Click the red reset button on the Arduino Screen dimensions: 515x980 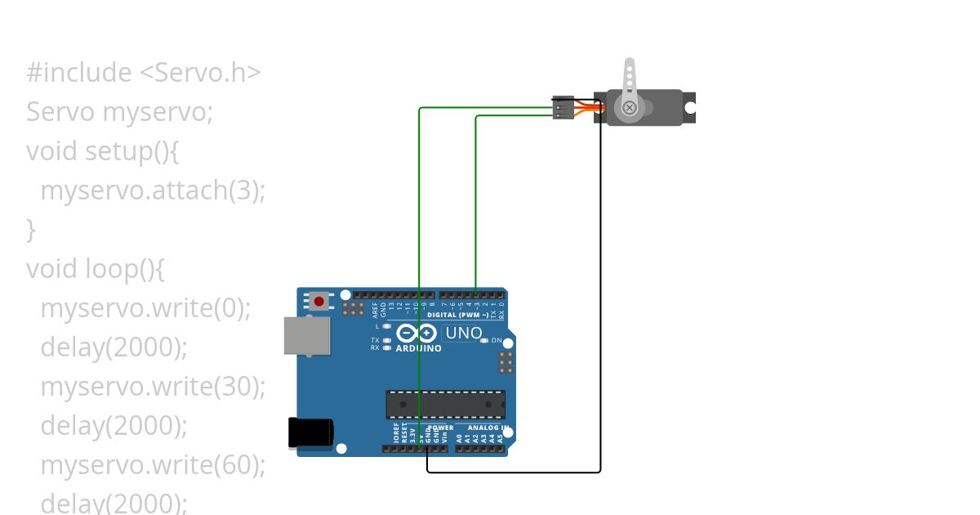coord(318,302)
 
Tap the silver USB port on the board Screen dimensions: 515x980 coord(307,335)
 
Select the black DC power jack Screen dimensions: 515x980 coord(310,433)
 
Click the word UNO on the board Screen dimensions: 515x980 coord(462,333)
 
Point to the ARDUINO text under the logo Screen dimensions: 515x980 coord(418,348)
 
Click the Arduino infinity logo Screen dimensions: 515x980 coord(416,333)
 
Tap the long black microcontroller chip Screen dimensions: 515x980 coord(445,404)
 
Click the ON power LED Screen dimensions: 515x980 coord(484,340)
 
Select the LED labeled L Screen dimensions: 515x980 coord(387,327)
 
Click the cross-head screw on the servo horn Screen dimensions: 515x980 coord(630,108)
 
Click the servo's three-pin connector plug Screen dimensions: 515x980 coord(563,108)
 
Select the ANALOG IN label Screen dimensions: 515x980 coord(488,428)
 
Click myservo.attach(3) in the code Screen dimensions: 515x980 coord(153,190)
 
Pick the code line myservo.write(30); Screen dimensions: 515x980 coord(153,386)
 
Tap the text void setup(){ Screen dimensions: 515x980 coord(102,151)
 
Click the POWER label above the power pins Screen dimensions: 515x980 coord(441,428)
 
